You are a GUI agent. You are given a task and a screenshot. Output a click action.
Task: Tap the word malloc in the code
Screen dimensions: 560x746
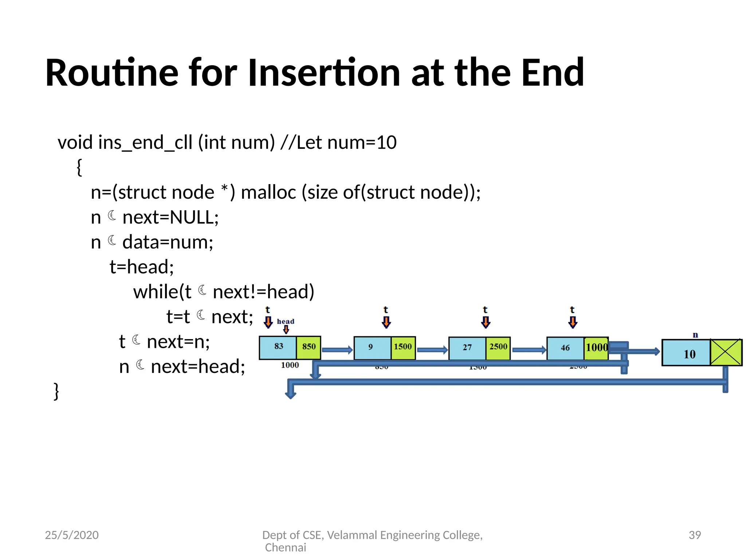pyautogui.click(x=268, y=192)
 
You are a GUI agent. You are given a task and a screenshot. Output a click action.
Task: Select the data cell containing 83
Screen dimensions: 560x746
pyautogui.click(x=278, y=347)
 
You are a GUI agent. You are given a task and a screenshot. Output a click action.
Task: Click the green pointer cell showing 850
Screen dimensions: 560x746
pyautogui.click(x=309, y=347)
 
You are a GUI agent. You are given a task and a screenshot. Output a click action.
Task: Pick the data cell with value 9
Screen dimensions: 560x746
pyautogui.click(x=371, y=347)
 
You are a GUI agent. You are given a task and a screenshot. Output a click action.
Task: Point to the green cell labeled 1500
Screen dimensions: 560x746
pyautogui.click(x=403, y=347)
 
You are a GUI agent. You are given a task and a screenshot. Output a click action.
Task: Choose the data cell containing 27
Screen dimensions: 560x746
pyautogui.click(x=467, y=347)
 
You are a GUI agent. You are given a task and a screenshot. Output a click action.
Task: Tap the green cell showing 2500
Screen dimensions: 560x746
pyautogui.click(x=498, y=347)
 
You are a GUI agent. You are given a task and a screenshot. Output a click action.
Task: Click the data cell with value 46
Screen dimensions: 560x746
pyautogui.click(x=565, y=348)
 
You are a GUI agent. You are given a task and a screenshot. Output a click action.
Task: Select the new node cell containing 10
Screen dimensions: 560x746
pyautogui.click(x=686, y=353)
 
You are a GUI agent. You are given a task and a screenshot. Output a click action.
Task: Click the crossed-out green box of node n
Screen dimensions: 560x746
pyautogui.click(x=726, y=352)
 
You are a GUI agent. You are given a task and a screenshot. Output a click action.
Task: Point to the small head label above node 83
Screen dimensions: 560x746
pyautogui.click(x=285, y=321)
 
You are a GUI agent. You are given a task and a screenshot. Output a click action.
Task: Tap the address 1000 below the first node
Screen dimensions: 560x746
pyautogui.click(x=290, y=365)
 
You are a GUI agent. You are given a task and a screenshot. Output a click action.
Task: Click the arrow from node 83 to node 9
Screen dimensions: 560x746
pyautogui.click(x=337, y=350)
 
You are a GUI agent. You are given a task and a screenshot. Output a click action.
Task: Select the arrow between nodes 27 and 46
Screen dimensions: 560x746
pyautogui.click(x=529, y=350)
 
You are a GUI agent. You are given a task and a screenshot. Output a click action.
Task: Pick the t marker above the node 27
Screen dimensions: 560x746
pyautogui.click(x=485, y=310)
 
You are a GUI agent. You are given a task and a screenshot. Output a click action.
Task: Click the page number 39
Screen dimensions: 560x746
pyautogui.click(x=695, y=535)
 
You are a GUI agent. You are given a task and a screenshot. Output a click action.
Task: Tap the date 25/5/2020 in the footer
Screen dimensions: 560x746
pyautogui.click(x=72, y=535)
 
